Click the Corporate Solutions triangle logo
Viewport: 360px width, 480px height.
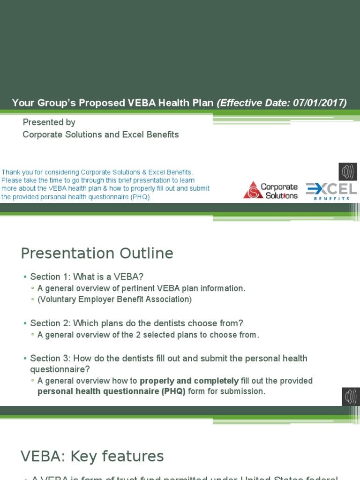(x=253, y=190)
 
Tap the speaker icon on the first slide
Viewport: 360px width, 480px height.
(x=348, y=172)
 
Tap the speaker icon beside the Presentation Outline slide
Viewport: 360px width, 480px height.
(x=351, y=397)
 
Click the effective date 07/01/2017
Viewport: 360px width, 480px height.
(x=319, y=103)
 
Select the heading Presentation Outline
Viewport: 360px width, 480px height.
(x=97, y=254)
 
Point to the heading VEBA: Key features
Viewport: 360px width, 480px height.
(x=92, y=456)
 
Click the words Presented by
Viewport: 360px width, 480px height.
(x=49, y=122)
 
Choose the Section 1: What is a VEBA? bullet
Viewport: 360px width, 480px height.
(x=90, y=277)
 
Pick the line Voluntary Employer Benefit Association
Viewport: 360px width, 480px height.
(x=115, y=299)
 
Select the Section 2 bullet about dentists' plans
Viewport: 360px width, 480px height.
(x=137, y=323)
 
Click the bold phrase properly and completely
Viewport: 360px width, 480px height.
(x=189, y=381)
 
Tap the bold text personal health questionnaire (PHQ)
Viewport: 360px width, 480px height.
(x=112, y=391)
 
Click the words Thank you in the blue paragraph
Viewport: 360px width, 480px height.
(x=15, y=172)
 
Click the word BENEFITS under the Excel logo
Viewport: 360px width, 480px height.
(x=332, y=198)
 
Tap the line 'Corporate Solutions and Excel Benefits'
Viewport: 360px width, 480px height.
(x=101, y=135)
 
